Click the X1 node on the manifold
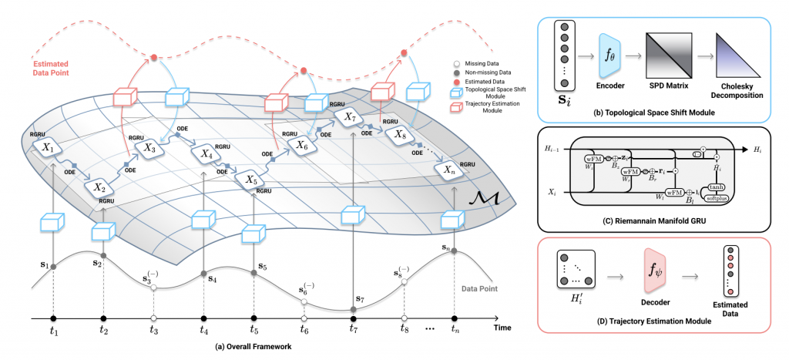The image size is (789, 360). click(x=48, y=147)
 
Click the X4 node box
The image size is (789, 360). click(x=206, y=154)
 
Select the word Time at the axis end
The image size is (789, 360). click(x=502, y=328)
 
